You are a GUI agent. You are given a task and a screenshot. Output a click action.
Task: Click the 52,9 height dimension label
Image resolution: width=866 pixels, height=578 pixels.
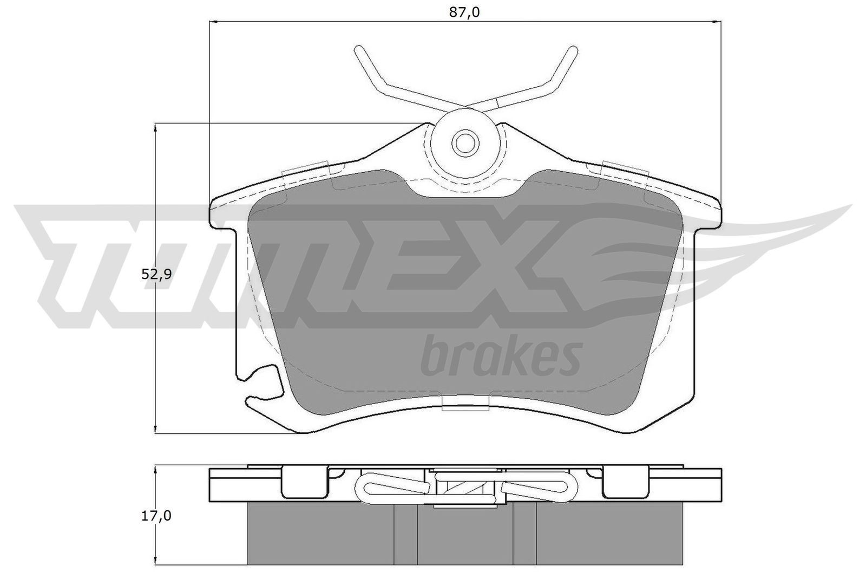pyautogui.click(x=156, y=274)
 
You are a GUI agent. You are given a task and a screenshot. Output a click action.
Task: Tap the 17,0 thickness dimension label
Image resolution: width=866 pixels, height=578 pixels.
pyautogui.click(x=156, y=516)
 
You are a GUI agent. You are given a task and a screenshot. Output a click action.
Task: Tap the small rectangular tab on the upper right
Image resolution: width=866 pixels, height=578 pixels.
pyautogui.click(x=625, y=169)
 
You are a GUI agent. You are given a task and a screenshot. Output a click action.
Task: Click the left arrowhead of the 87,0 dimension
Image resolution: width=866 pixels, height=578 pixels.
pyautogui.click(x=213, y=22)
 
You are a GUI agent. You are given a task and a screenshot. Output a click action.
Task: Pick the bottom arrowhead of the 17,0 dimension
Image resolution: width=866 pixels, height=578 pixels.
pyautogui.click(x=156, y=561)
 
